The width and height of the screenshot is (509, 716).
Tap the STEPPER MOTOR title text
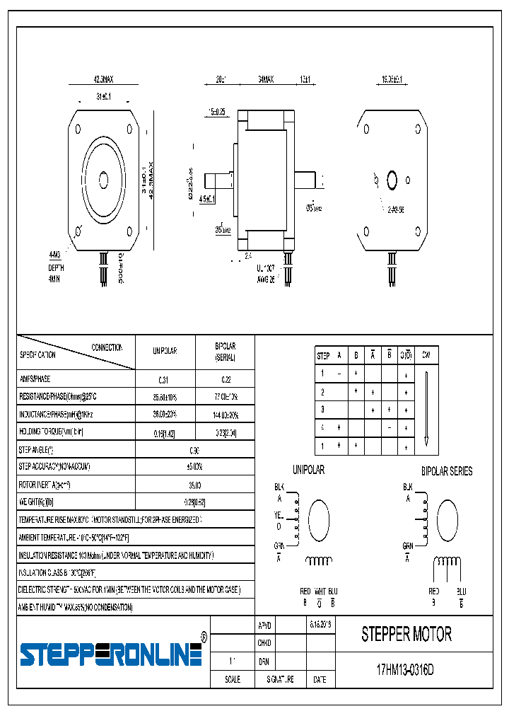pos(406,635)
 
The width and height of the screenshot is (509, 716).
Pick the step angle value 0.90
pos(194,449)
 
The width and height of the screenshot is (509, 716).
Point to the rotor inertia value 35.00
pos(194,485)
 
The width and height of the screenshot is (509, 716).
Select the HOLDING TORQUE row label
pos(52,431)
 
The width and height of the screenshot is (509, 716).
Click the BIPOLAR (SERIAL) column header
pos(225,352)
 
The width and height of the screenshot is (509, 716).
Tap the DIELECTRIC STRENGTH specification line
pos(129,589)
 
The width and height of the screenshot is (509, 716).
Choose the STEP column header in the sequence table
pos(323,355)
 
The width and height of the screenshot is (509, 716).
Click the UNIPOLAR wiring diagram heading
pos(308,470)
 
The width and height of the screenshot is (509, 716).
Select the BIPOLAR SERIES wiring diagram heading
pos(447,471)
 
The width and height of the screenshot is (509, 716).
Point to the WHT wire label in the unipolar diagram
pos(320,591)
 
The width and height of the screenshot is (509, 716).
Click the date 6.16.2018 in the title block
pos(320,625)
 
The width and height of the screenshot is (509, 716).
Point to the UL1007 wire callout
pos(266,268)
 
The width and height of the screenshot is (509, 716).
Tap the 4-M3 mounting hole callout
pos(55,254)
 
